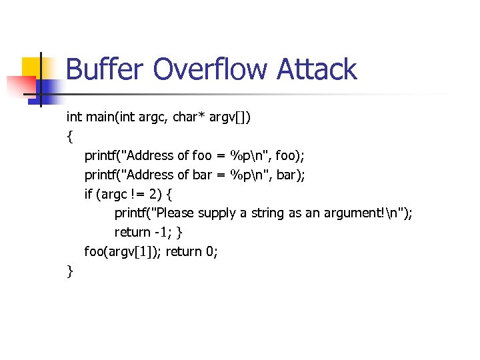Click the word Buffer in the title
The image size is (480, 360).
click(x=105, y=70)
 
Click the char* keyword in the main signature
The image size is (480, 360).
click(x=190, y=117)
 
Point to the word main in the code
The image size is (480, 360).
click(x=100, y=117)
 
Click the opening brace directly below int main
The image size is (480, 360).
click(x=69, y=137)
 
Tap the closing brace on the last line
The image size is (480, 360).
click(x=69, y=271)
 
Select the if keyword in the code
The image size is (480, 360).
click(x=88, y=195)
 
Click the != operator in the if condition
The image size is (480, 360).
click(x=135, y=195)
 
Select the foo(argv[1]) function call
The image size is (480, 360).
click(x=123, y=252)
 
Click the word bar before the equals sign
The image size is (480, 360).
click(x=203, y=175)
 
